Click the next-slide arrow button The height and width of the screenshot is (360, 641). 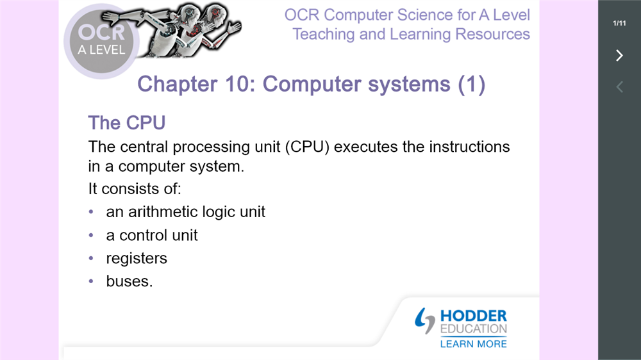click(x=620, y=55)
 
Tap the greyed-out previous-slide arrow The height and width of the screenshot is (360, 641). click(x=620, y=86)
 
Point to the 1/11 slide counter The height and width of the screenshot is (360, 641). click(x=619, y=23)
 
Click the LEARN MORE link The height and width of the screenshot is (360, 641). click(x=474, y=344)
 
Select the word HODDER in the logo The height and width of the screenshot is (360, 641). click(x=474, y=316)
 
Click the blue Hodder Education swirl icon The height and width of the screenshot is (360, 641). click(x=425, y=321)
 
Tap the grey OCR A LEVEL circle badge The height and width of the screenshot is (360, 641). click(x=101, y=41)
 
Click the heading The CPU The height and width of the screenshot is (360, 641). click(x=127, y=122)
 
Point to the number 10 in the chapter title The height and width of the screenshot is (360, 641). click(x=238, y=84)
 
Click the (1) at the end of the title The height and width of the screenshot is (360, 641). click(x=471, y=84)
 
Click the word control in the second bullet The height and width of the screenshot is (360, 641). click(x=143, y=235)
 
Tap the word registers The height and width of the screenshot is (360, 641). click(x=137, y=259)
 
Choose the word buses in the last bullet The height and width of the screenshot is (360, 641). click(x=127, y=281)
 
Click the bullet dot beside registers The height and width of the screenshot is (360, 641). click(x=91, y=258)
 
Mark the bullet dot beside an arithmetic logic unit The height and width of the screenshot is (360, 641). click(x=91, y=211)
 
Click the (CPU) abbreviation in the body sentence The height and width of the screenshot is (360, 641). click(x=307, y=147)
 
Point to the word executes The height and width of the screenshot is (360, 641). click(x=365, y=147)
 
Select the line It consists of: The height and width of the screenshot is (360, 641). click(x=135, y=189)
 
